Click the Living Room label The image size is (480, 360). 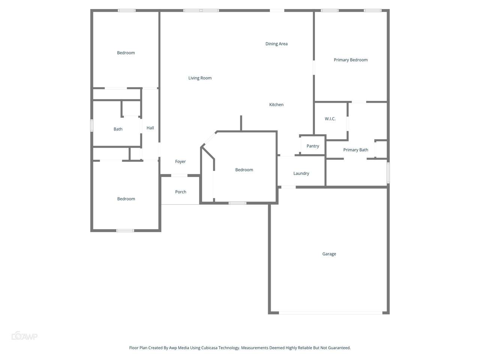click(x=200, y=78)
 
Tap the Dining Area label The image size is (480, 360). click(x=276, y=44)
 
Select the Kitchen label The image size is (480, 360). click(x=276, y=105)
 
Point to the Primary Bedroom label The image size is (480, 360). click(x=351, y=60)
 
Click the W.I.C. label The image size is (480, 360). click(x=330, y=119)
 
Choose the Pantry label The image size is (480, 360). click(x=313, y=146)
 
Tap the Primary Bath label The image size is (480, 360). click(x=355, y=150)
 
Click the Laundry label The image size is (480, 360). click(x=301, y=173)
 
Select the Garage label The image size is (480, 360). click(x=329, y=254)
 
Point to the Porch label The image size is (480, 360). click(x=181, y=192)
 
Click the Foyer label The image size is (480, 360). click(x=180, y=162)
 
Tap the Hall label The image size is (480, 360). click(x=150, y=128)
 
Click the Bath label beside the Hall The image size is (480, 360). click(x=118, y=129)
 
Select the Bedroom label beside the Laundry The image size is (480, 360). click(x=244, y=170)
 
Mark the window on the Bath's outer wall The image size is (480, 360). click(x=92, y=126)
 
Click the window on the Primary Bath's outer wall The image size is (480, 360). click(x=388, y=172)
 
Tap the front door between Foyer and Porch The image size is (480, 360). click(x=179, y=175)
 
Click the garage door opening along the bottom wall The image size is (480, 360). click(x=331, y=313)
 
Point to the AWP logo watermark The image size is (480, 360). click(x=24, y=336)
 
